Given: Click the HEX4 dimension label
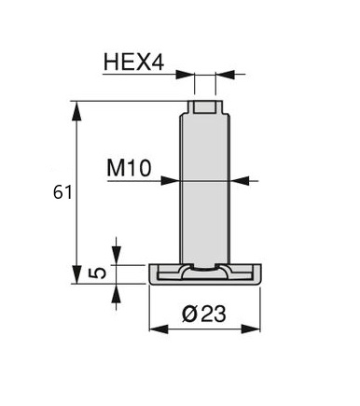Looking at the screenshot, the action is (133, 62).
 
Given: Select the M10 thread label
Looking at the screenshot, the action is (129, 168).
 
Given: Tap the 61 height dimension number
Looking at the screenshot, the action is (62, 192).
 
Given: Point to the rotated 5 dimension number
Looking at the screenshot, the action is (98, 273).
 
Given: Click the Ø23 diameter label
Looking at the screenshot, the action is (204, 314).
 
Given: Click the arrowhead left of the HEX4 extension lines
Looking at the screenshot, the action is (185, 75).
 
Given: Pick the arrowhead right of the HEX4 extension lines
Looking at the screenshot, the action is (225, 75).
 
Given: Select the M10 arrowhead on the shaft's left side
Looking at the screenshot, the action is (171, 180).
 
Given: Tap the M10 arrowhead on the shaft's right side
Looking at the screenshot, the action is (240, 180).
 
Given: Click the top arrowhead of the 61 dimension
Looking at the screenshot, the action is (76, 110).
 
